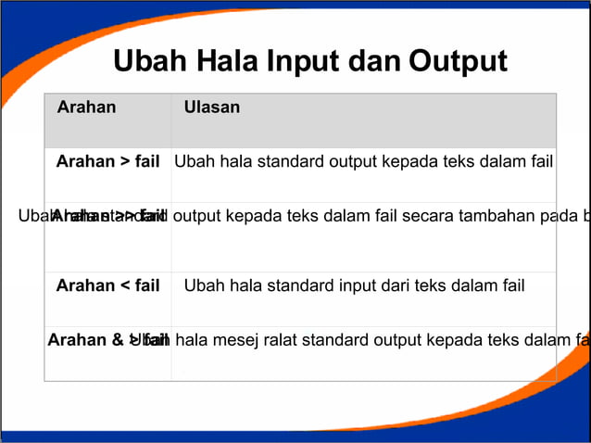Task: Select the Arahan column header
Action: [x=86, y=108]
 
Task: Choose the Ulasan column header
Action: [x=212, y=108]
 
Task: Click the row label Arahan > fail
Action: [x=107, y=162]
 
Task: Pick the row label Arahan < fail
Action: [x=107, y=285]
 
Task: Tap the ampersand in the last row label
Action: [x=119, y=340]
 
